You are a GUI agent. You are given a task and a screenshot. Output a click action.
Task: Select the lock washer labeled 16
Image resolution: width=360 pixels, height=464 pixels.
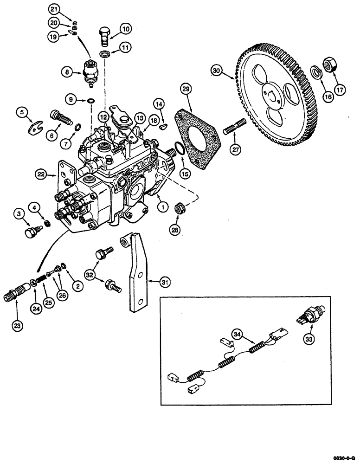point(317,73)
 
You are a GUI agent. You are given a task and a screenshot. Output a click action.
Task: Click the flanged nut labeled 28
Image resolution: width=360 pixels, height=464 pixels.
point(178,208)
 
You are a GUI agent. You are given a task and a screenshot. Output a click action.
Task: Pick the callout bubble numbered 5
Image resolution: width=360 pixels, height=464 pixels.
point(21,111)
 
